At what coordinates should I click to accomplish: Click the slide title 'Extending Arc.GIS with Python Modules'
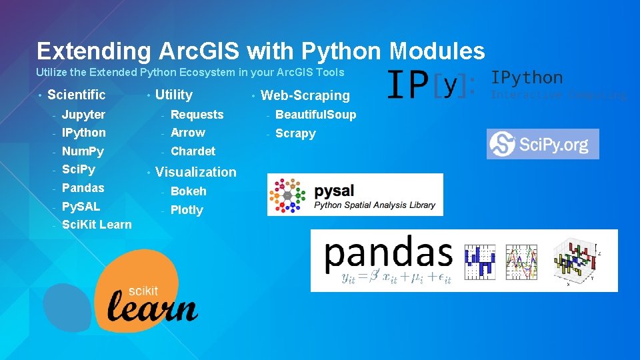point(261,51)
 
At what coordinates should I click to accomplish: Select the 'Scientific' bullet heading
point(76,95)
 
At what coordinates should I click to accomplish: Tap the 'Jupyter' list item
point(83,115)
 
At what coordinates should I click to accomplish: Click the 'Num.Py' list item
point(83,151)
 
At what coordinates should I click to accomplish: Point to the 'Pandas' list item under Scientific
point(83,188)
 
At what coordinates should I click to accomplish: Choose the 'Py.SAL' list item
point(81,207)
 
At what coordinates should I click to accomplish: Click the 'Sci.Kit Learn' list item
point(97,225)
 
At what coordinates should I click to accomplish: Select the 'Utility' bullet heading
point(173,95)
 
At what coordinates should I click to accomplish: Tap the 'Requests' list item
point(197,115)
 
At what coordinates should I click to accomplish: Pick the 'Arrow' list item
point(187,133)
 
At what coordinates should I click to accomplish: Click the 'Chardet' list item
point(193,151)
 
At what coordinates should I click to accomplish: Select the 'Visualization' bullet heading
point(195,172)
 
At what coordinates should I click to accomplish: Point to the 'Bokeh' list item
point(189,191)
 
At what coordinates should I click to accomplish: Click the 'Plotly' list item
point(187,210)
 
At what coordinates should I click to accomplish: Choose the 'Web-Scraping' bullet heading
point(305,95)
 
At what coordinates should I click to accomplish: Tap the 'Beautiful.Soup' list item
point(315,115)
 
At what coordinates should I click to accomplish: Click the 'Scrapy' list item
point(295,133)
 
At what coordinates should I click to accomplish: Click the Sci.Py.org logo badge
point(543,144)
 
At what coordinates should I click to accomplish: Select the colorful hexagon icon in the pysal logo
point(287,195)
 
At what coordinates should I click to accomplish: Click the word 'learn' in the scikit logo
point(152,308)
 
